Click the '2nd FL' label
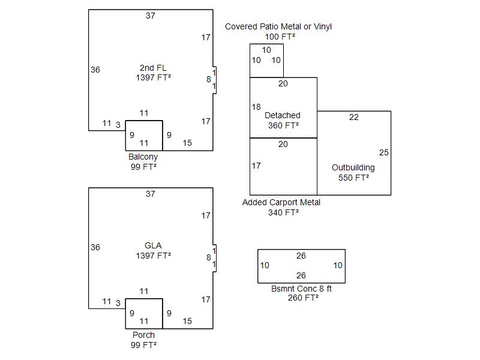pyautogui.click(x=153, y=68)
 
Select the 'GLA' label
pyautogui.click(x=153, y=245)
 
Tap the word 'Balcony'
pyautogui.click(x=143, y=157)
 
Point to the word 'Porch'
pyautogui.click(x=143, y=335)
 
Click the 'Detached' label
pyautogui.click(x=283, y=115)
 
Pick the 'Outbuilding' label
pyautogui.click(x=353, y=167)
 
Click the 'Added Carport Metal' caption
pyautogui.click(x=281, y=202)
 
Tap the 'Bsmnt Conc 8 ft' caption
pyautogui.click(x=301, y=289)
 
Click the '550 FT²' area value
pyautogui.click(x=353, y=178)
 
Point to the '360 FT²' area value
pyautogui.click(x=283, y=125)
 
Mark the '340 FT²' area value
pyautogui.click(x=283, y=212)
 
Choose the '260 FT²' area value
pyautogui.click(x=303, y=298)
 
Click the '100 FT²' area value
pyautogui.click(x=280, y=37)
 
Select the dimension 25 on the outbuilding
pyautogui.click(x=384, y=153)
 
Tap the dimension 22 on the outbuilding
pyautogui.click(x=354, y=118)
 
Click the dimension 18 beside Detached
pyautogui.click(x=256, y=107)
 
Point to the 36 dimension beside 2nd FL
pyautogui.click(x=95, y=70)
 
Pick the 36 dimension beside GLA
pyautogui.click(x=95, y=247)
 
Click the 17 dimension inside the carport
pyautogui.click(x=256, y=166)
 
